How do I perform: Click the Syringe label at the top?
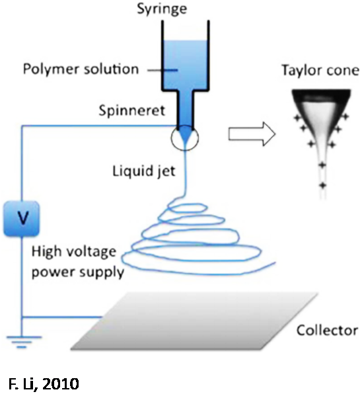(x=162, y=9)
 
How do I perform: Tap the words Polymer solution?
(x=81, y=69)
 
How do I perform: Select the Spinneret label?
(x=132, y=110)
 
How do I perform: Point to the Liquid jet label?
(x=144, y=171)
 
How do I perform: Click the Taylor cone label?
(x=320, y=70)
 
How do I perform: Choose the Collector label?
(x=327, y=331)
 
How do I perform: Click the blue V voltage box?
(x=22, y=218)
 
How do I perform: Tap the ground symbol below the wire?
(x=22, y=342)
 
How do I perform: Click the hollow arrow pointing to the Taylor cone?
(x=252, y=134)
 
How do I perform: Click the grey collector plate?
(x=194, y=321)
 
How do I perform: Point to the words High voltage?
(x=74, y=252)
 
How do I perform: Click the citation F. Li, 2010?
(x=44, y=383)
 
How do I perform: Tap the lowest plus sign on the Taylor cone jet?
(x=323, y=185)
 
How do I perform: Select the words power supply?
(x=78, y=272)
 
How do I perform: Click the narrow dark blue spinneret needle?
(x=186, y=109)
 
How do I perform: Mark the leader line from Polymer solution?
(x=162, y=70)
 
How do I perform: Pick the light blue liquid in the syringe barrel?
(x=186, y=63)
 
